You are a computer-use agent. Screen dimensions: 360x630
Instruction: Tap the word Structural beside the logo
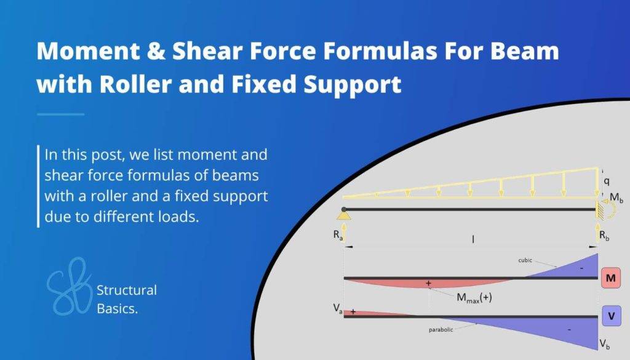127,290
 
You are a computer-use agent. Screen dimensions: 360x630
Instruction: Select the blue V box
611,316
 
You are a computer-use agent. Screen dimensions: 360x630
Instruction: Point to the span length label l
472,239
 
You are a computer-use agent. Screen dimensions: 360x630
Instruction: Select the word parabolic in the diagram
441,330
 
